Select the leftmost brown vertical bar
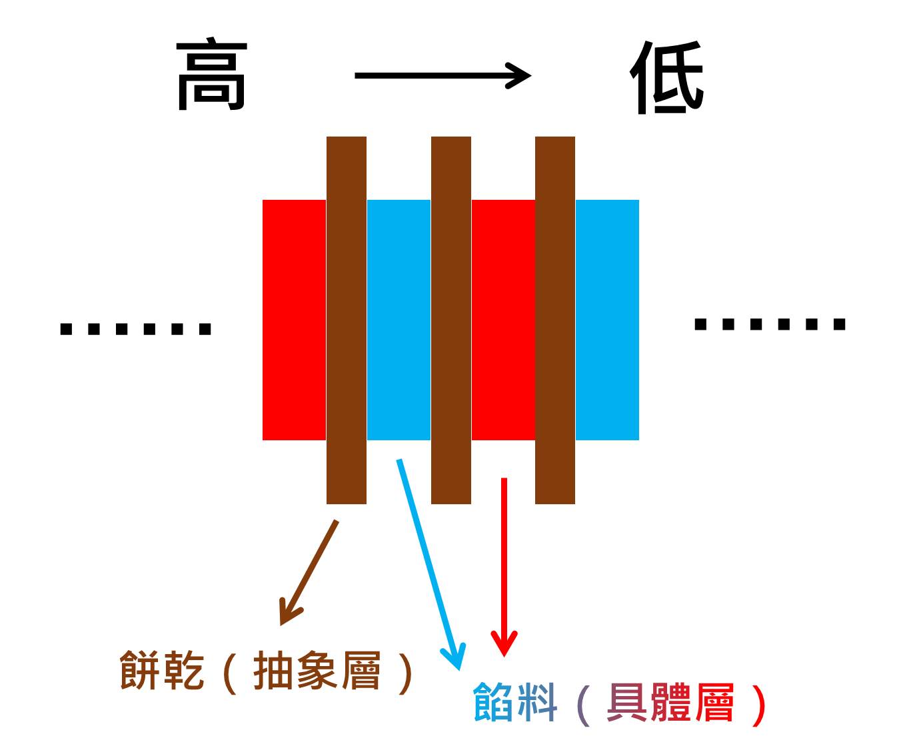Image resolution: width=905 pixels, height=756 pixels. pos(346,320)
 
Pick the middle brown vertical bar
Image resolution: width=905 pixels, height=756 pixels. pos(451,320)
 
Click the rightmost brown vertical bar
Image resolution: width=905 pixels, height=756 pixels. pos(554,320)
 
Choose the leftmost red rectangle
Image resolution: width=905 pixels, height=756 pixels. pos(294,320)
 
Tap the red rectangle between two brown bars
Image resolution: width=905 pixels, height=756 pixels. pos(503,320)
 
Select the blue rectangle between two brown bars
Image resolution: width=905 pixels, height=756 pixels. pos(399,320)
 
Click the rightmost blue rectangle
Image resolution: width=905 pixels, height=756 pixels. pos(607,320)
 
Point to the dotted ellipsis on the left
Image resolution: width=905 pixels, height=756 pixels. pos(136,328)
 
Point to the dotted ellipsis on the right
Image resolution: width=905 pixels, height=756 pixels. pos(770,324)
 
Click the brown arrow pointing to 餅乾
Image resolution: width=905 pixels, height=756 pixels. pos(309,573)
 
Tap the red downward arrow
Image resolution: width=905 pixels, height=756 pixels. pos(504,566)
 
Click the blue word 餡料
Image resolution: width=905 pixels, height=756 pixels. pos(514,702)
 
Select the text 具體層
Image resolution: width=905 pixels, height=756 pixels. pos(670,702)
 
